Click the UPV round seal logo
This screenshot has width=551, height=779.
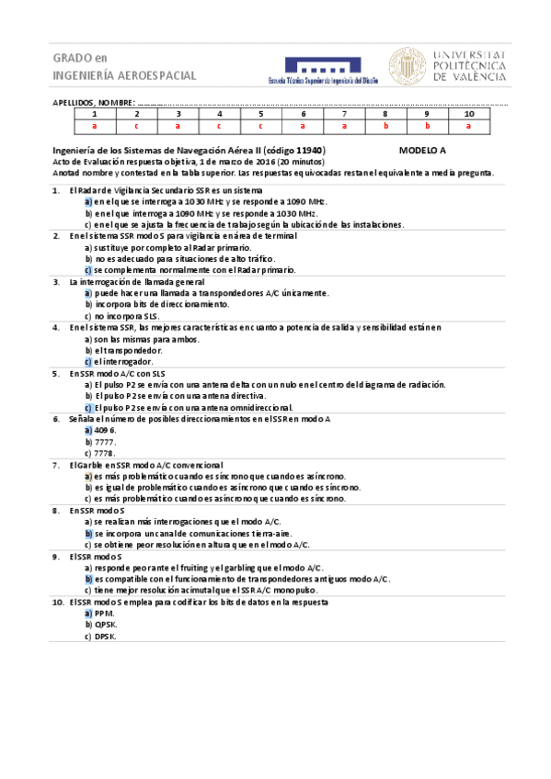pyautogui.click(x=407, y=67)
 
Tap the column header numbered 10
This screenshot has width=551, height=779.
pyautogui.click(x=469, y=114)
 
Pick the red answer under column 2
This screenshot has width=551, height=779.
pyautogui.click(x=135, y=125)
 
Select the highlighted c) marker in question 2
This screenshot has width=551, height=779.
pyautogui.click(x=87, y=270)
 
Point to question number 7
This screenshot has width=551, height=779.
pyautogui.click(x=57, y=465)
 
